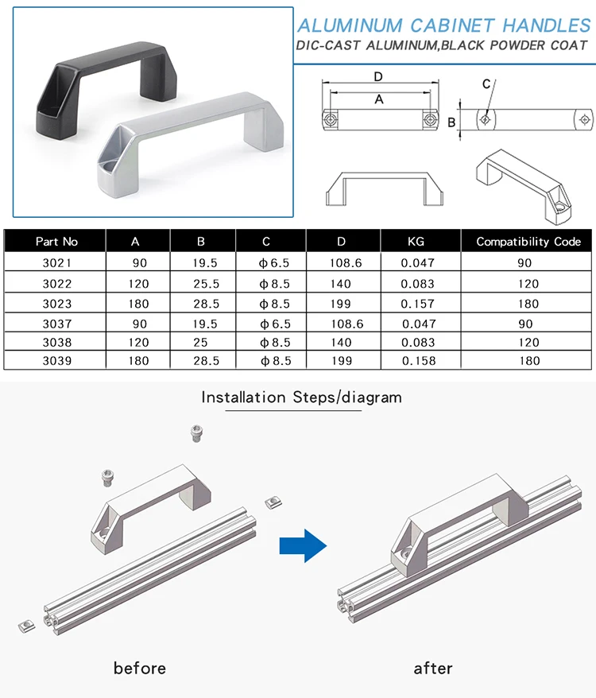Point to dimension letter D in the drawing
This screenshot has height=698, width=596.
click(378, 76)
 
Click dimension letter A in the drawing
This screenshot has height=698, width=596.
click(378, 99)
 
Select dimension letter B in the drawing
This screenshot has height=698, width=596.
click(451, 122)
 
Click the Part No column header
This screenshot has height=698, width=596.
click(57, 242)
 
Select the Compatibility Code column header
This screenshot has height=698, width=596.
click(528, 242)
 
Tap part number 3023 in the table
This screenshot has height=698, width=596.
click(57, 304)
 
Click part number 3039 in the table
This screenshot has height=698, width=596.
click(57, 361)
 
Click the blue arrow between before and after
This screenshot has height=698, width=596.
click(303, 546)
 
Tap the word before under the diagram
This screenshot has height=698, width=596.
click(140, 668)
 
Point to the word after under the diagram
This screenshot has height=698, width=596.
click(433, 668)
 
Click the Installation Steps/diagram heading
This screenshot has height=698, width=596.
click(301, 397)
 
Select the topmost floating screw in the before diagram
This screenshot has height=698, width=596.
click(196, 433)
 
